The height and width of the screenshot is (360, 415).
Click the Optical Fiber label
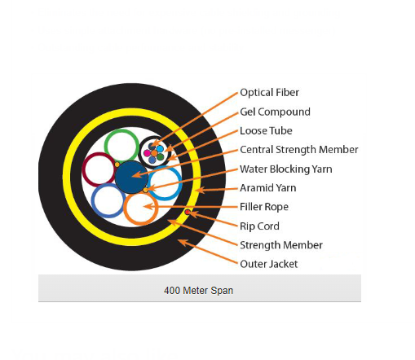pos(269,93)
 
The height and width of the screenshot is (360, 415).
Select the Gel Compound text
pos(275,112)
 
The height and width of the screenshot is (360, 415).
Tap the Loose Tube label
pos(266,131)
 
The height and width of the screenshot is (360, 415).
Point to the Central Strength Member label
pos(299,150)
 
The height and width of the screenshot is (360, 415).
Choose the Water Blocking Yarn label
pos(286,169)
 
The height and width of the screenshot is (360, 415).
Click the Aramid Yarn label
pos(268,188)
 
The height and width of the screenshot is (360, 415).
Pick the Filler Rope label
pos(264,207)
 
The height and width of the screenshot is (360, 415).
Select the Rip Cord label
pos(259,226)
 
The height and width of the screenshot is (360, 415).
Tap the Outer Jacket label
pos(269,264)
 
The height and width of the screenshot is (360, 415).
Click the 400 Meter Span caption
pos(198,291)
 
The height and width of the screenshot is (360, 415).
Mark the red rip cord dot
pos(188,212)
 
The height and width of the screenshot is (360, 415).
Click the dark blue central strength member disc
pos(130,177)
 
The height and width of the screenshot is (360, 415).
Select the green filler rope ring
pos(121,130)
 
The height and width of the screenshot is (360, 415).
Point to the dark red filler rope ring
pos(84,169)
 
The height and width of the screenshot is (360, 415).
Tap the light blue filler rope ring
pos(179,182)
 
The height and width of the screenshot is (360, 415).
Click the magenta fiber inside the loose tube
pos(147,153)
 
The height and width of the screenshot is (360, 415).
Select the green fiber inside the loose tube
pos(161,156)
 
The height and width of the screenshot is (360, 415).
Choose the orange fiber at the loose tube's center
pos(154,153)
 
